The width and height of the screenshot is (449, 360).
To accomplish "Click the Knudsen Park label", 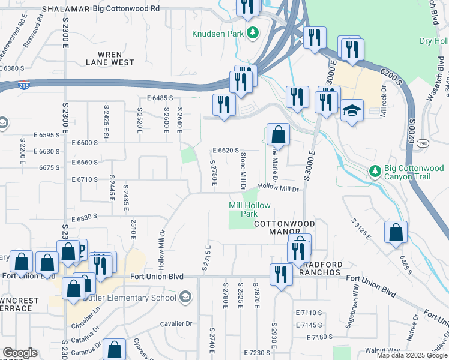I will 218,34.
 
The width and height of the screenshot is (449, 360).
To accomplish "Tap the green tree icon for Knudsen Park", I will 253,33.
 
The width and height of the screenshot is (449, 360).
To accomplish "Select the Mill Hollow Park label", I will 249,209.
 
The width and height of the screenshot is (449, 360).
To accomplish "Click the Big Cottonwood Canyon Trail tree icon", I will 375,172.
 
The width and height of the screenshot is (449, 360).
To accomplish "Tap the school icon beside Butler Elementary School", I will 186,297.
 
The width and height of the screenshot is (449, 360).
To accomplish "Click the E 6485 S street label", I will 159,97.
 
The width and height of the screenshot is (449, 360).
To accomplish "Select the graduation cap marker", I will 352,111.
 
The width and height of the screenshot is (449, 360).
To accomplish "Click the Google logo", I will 20,353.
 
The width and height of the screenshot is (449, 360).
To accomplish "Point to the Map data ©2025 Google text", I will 411,355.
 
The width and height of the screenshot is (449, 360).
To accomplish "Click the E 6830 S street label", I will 83,217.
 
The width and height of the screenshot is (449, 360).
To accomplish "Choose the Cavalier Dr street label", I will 176,323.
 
